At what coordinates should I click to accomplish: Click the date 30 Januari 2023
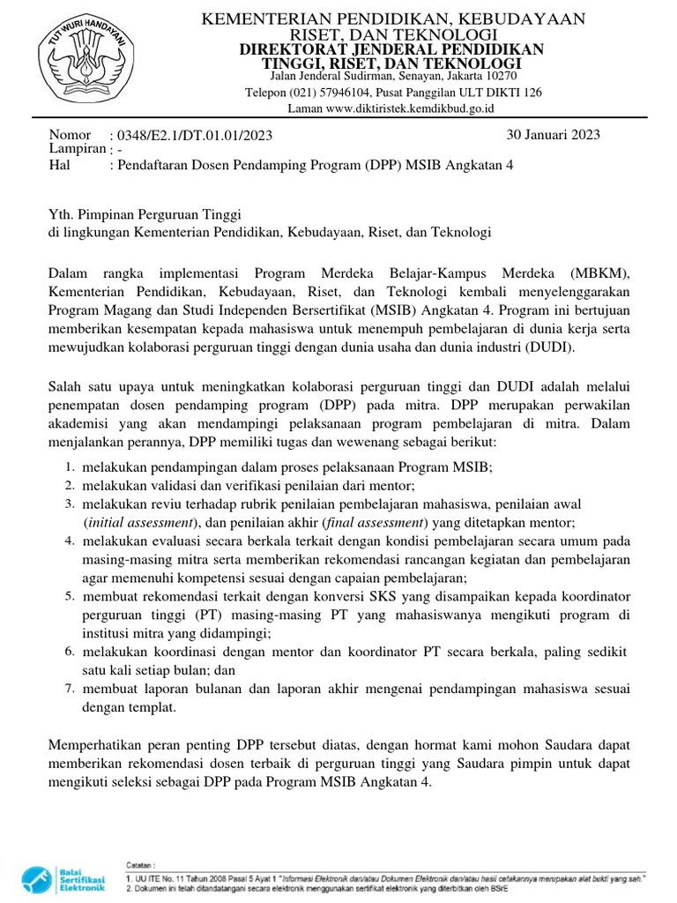[x=553, y=134]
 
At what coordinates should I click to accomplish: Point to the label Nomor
[x=71, y=134]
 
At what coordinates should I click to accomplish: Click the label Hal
[x=61, y=164]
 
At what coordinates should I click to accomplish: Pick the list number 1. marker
[x=69, y=467]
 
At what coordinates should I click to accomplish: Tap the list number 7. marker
[x=69, y=688]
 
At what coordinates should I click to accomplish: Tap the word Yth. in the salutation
[x=61, y=214]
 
